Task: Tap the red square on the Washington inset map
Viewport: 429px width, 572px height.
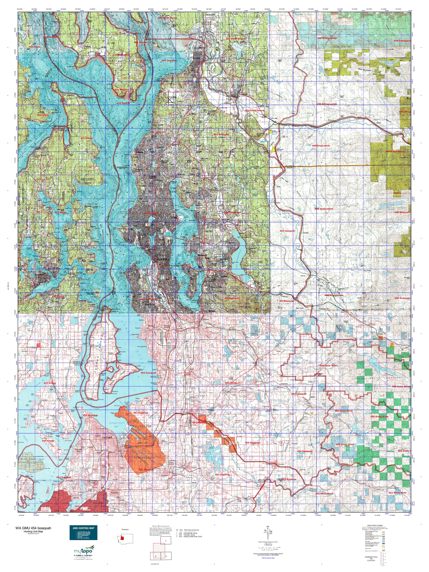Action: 122,538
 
